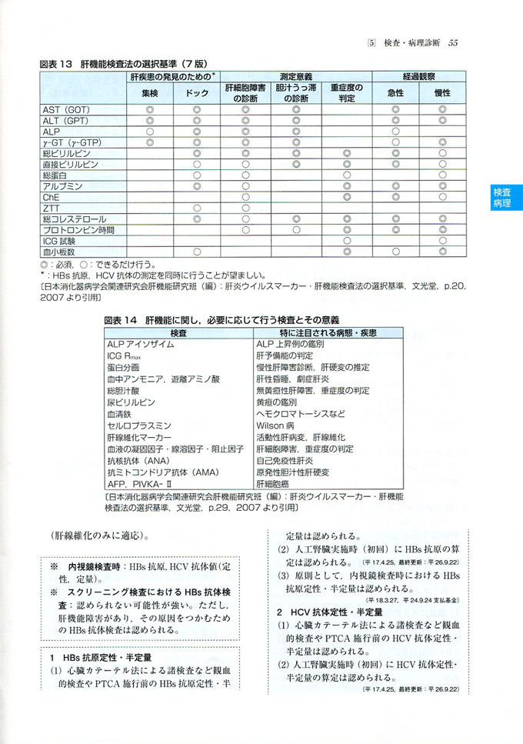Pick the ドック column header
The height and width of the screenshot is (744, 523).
197,93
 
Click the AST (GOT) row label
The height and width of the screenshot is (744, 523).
67,110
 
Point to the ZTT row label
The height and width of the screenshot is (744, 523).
52,208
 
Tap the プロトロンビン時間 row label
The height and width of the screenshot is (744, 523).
79,229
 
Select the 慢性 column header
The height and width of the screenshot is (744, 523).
442,93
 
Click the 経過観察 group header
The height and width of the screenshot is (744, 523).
418,77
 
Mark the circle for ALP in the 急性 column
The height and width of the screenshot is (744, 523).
395,132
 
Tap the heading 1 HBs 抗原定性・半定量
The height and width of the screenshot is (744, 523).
101,658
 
